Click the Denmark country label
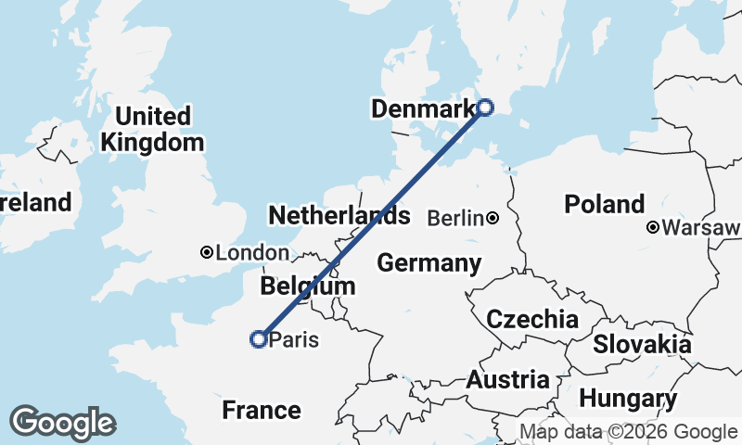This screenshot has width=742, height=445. point(422,109)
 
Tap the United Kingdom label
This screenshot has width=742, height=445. point(152,130)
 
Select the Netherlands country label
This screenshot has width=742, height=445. point(339,216)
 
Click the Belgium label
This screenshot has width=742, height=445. point(308,286)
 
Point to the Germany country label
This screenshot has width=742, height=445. point(429,263)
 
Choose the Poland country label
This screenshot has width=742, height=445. point(605,204)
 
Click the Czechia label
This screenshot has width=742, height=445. point(532,320)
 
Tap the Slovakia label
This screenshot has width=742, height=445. point(642,344)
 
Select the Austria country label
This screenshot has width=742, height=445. point(507,379)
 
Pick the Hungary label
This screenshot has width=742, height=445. point(628,400)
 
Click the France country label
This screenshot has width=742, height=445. point(262,410)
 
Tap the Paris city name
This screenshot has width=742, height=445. point(293,340)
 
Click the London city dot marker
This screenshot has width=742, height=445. point(207,252)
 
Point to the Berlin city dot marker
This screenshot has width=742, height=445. point(493,219)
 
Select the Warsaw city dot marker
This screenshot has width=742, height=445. point(654,227)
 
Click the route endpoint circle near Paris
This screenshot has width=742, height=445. point(259,339)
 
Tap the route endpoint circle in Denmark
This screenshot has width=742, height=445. point(484,108)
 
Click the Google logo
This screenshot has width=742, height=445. point(62,422)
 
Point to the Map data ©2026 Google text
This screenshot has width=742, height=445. point(628,431)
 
